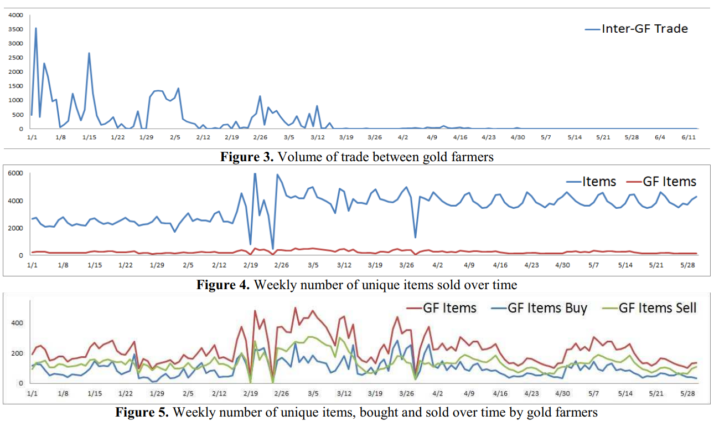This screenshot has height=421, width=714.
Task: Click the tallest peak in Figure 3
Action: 36,28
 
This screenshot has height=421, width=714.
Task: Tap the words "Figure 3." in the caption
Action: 247,157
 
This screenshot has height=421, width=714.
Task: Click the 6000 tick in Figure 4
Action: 16,173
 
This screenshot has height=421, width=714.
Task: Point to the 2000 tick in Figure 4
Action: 16,228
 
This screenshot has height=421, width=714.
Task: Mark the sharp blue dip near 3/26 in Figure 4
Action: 415,238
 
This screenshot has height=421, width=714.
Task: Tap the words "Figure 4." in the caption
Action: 223,285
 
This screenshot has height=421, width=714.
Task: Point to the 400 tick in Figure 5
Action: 18,322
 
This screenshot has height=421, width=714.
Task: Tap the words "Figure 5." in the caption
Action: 142,412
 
